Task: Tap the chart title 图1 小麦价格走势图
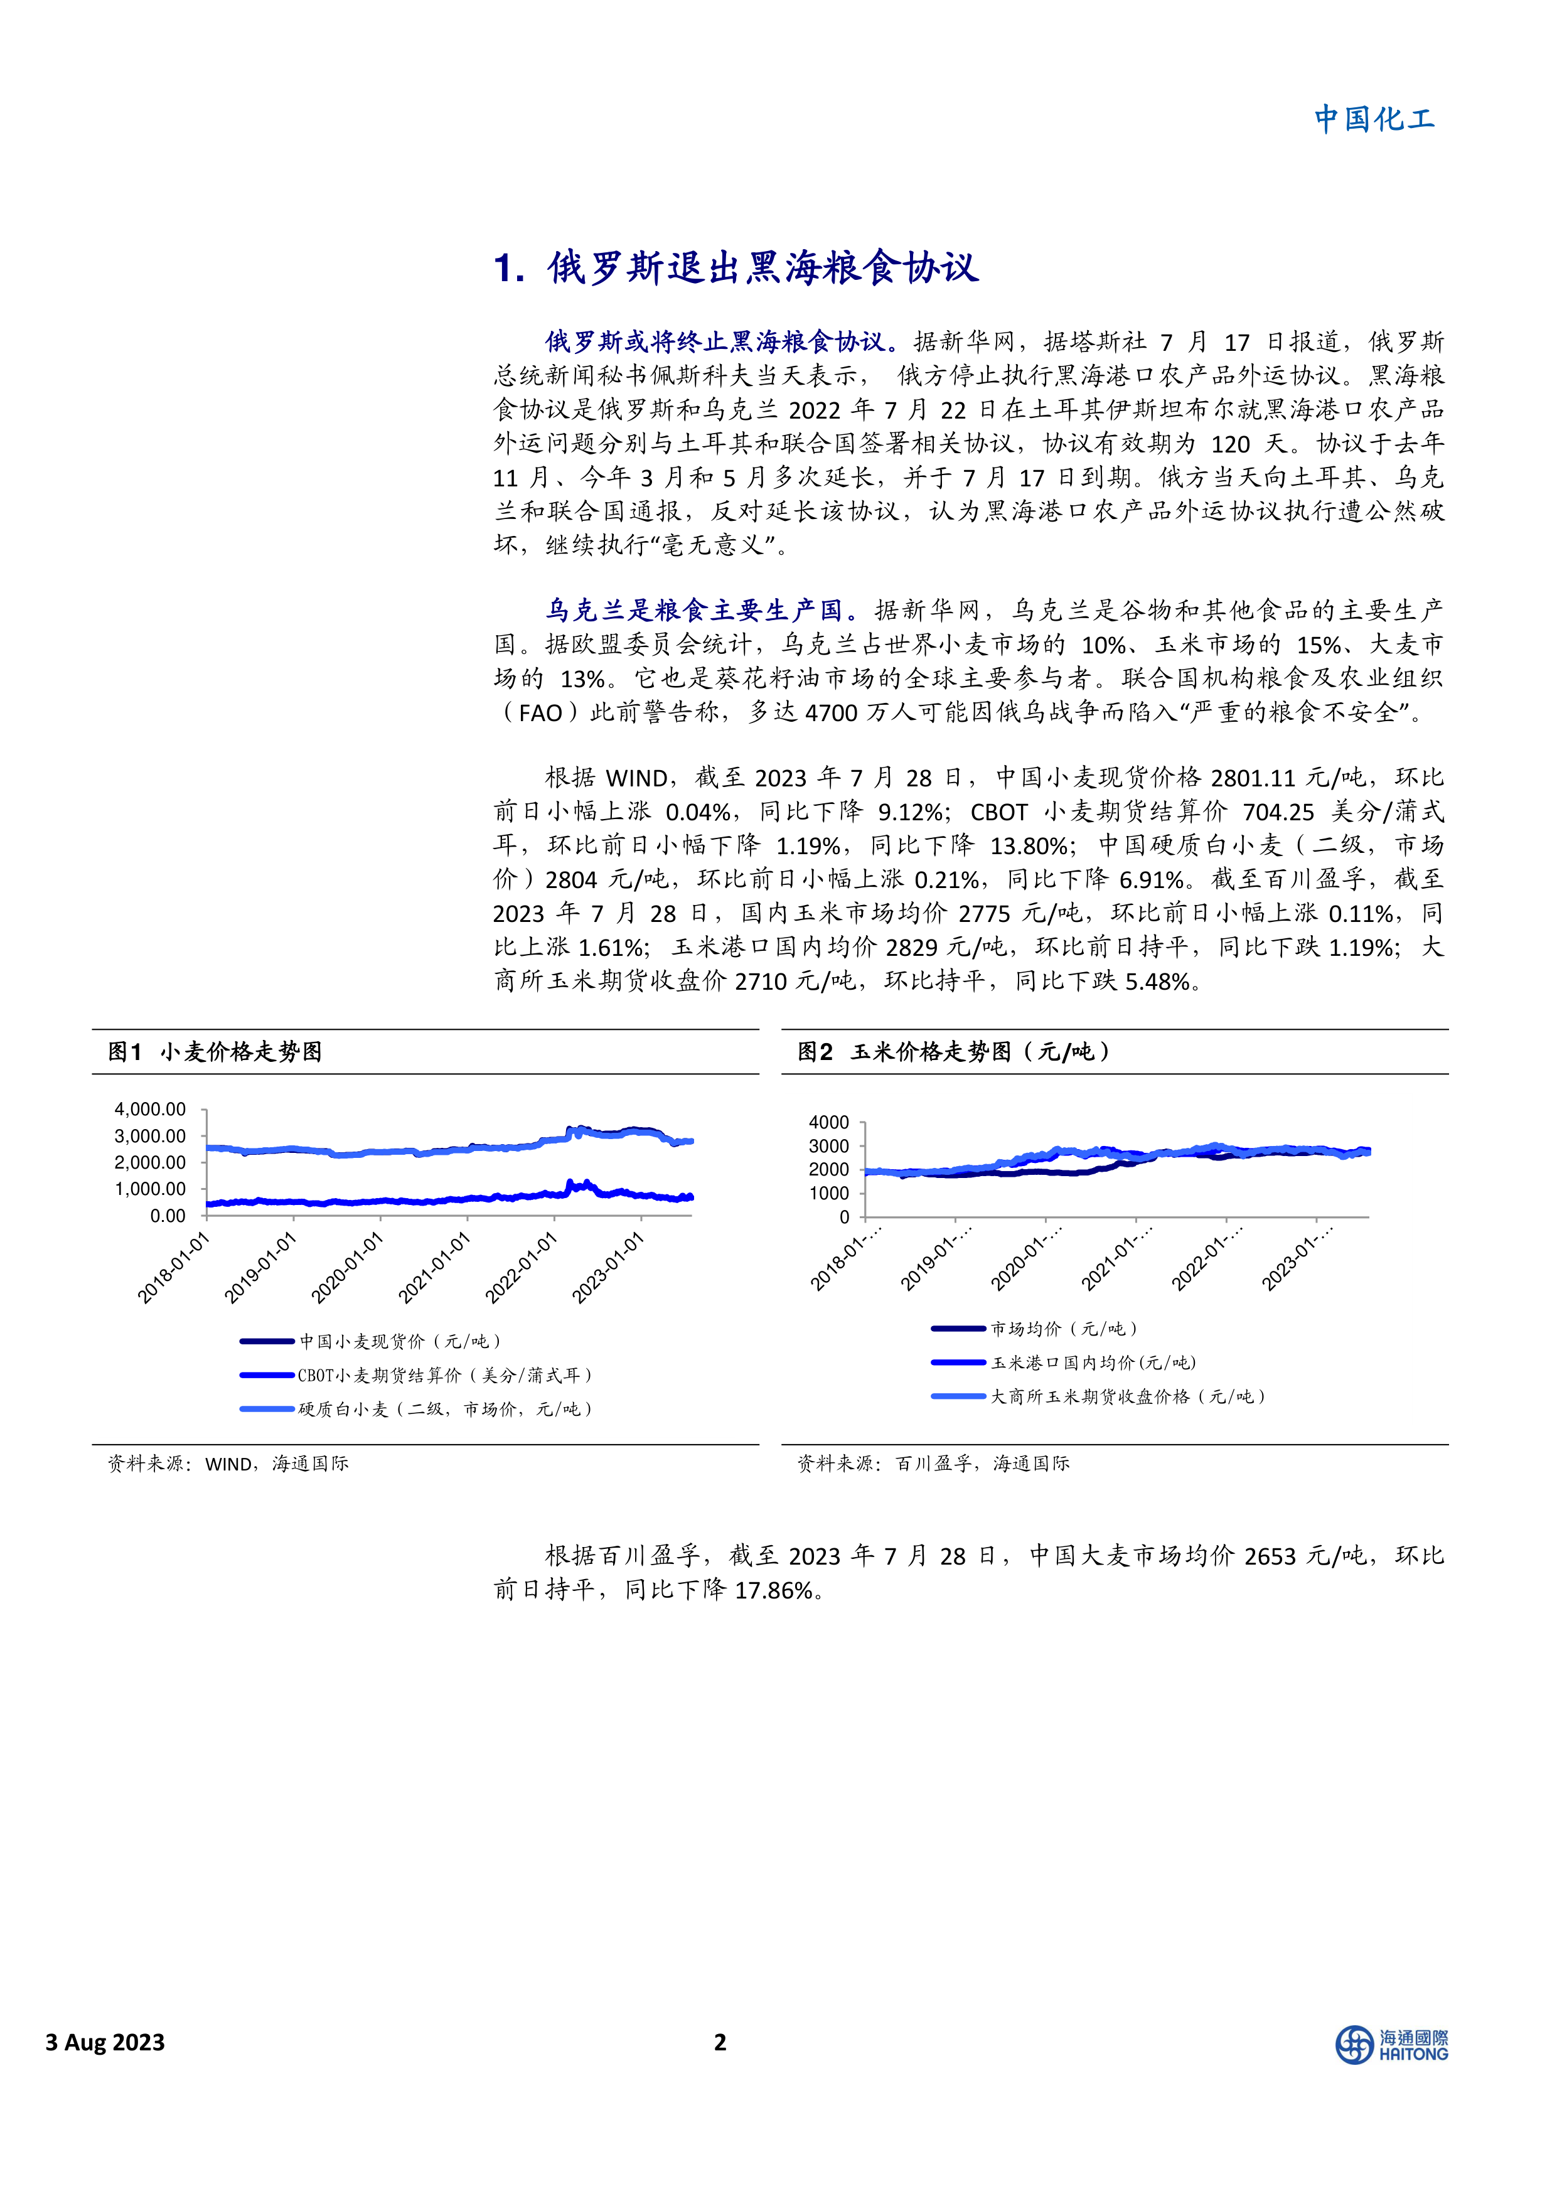[x=215, y=1052]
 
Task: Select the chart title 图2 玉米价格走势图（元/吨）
[x=954, y=1052]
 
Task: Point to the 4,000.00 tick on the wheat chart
[x=151, y=1109]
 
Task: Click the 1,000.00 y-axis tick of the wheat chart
[x=151, y=1189]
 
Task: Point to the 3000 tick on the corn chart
[x=829, y=1145]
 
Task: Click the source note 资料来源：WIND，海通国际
[x=228, y=1464]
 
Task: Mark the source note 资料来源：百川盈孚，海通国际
[x=933, y=1464]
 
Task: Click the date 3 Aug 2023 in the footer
[x=105, y=2042]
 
